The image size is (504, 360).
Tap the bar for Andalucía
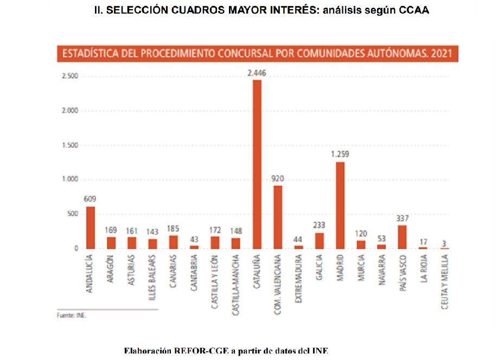click(91, 228)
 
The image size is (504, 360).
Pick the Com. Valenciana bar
click(278, 217)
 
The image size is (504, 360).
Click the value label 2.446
click(257, 73)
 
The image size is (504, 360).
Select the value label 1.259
click(340, 155)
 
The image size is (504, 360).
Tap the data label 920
click(278, 179)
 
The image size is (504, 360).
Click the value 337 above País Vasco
click(402, 218)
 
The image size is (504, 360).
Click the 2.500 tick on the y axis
click(70, 77)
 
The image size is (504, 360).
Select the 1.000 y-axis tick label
click(70, 180)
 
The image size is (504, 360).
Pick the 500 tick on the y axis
click(73, 214)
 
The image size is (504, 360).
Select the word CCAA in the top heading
click(414, 10)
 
